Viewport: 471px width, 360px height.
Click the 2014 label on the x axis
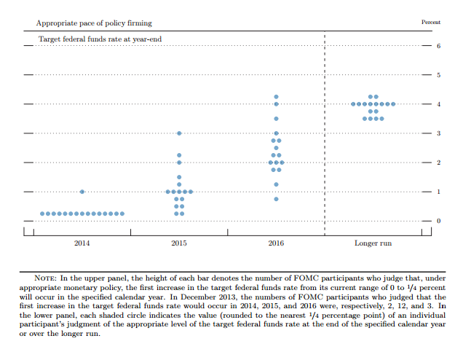coord(82,243)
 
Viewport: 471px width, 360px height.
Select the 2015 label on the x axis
coord(179,243)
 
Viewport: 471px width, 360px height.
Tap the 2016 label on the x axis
coord(276,243)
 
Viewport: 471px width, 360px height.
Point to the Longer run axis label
coord(373,243)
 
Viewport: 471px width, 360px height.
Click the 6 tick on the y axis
coord(438,46)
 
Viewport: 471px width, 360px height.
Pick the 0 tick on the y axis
coord(438,221)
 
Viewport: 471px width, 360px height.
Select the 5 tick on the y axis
coord(438,75)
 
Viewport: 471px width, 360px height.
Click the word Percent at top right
coord(431,23)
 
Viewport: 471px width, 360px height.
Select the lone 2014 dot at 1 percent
coord(82,192)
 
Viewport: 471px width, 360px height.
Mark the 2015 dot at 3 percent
coord(179,133)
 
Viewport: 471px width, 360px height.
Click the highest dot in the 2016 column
coord(276,97)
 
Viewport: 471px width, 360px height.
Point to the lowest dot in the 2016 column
coord(276,199)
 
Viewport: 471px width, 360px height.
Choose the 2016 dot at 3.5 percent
coord(276,119)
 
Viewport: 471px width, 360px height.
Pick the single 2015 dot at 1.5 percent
coord(179,177)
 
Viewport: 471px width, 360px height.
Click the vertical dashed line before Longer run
coord(325,131)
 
